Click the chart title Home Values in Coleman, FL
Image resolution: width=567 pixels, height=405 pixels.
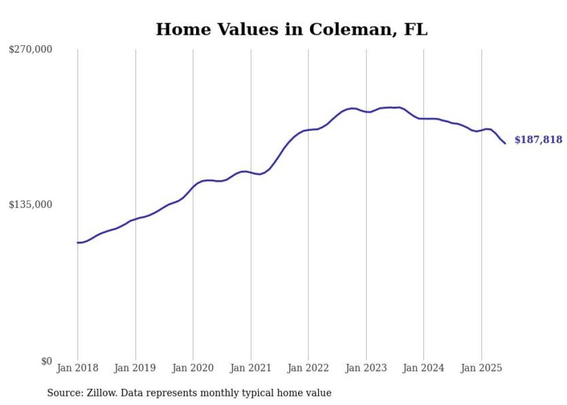point(292,30)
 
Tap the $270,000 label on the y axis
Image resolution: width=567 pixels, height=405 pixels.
point(31,49)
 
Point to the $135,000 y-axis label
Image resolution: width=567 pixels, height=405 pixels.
point(31,205)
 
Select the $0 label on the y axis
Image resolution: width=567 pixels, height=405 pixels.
point(46,361)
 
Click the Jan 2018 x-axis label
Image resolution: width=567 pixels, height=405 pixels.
point(78,368)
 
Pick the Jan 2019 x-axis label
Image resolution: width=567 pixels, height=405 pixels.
point(135,368)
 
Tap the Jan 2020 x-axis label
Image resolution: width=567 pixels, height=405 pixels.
point(193,368)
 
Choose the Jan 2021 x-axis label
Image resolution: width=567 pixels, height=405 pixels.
point(251,368)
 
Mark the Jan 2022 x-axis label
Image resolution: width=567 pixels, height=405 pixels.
point(308,368)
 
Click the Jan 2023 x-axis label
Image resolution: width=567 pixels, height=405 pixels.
point(366,368)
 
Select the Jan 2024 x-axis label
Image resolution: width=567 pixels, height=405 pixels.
point(424,368)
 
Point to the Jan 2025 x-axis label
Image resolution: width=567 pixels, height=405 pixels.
point(481,368)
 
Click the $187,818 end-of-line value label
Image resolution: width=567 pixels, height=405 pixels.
point(538,140)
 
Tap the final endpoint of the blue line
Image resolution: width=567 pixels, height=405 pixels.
point(505,143)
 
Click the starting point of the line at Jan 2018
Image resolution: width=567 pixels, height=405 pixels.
point(78,243)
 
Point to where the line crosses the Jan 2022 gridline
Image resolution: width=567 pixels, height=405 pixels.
point(308,130)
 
